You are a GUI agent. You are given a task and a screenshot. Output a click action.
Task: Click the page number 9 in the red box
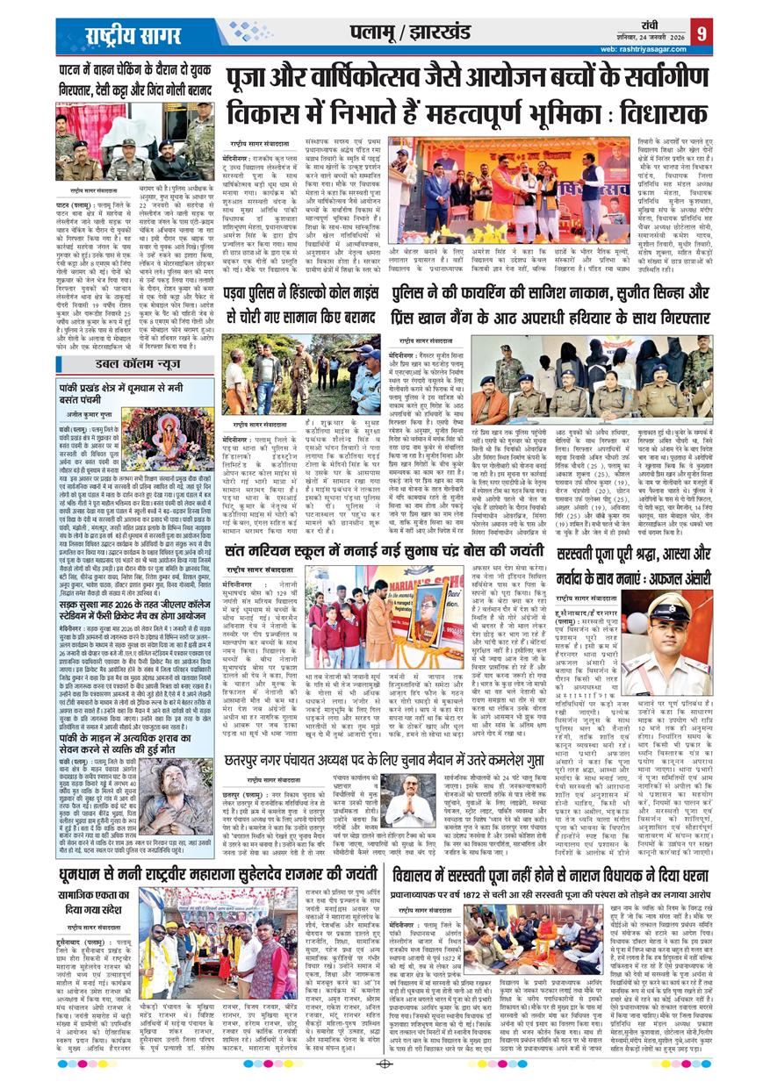click(x=701, y=32)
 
